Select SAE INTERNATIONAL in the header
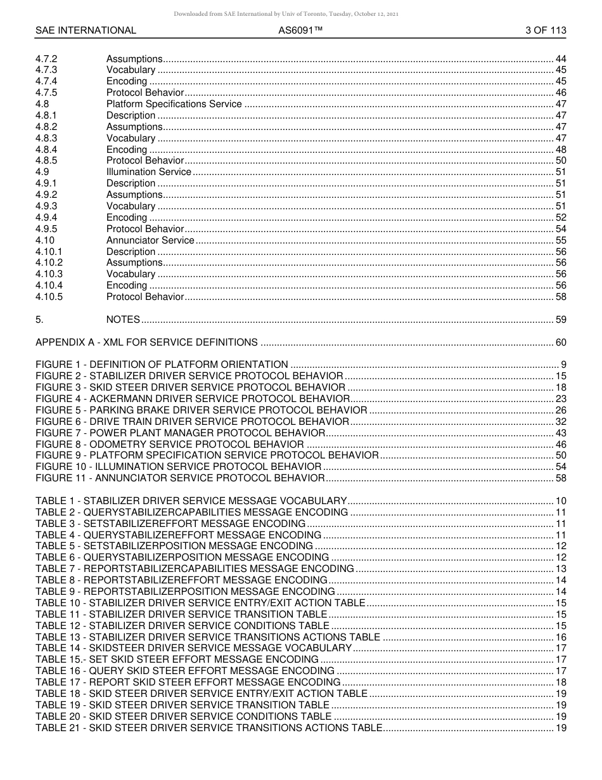click(x=86, y=30)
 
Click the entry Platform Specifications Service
click(x=174, y=104)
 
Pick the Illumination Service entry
click(x=148, y=172)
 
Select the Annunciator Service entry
click(x=150, y=240)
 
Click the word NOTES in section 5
click(x=123, y=320)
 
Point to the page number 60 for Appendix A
click(x=561, y=342)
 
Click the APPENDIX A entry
click(x=146, y=342)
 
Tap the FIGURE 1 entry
click(x=162, y=365)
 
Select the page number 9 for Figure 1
click(x=563, y=365)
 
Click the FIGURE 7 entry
click(x=180, y=432)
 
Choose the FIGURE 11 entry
click(x=180, y=478)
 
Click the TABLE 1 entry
click(x=191, y=501)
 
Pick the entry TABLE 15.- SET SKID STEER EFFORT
click(x=177, y=660)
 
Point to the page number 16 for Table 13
click(x=561, y=637)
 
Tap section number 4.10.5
click(x=49, y=297)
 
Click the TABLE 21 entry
click(x=208, y=728)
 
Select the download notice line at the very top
click(x=286, y=14)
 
